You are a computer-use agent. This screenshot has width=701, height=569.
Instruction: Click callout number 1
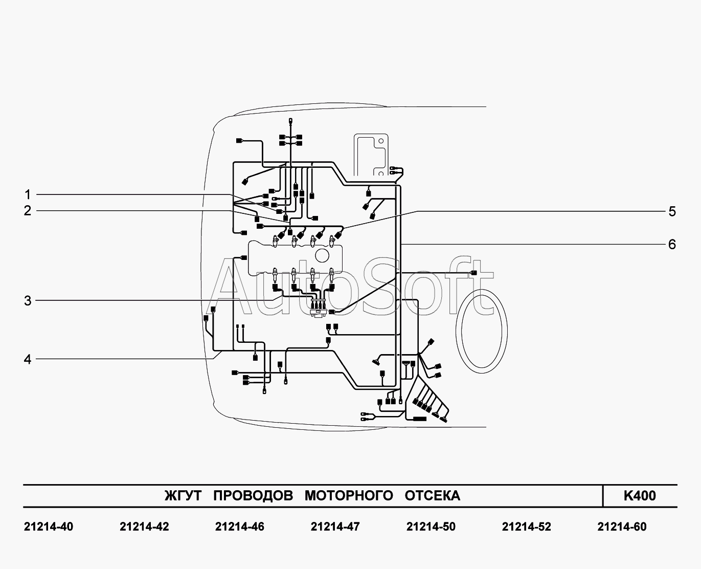pyautogui.click(x=28, y=194)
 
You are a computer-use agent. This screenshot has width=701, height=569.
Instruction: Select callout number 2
pyautogui.click(x=28, y=210)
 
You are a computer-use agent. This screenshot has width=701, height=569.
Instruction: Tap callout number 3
pyautogui.click(x=28, y=300)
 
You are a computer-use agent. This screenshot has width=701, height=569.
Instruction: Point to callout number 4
pyautogui.click(x=28, y=359)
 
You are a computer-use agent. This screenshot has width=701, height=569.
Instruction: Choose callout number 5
pyautogui.click(x=672, y=211)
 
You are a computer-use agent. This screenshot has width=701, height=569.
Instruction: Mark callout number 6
pyautogui.click(x=672, y=244)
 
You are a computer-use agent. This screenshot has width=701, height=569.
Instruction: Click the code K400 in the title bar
pyautogui.click(x=639, y=496)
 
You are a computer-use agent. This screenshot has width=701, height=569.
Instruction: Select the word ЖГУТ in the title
pyautogui.click(x=183, y=496)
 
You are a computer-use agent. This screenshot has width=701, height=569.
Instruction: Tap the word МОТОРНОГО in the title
pyautogui.click(x=349, y=496)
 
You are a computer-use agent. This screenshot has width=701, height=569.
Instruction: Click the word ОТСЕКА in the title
pyautogui.click(x=433, y=496)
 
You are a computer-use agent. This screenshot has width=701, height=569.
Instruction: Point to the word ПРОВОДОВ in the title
pyautogui.click(x=253, y=496)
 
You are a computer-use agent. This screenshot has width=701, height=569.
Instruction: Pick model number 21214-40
pyautogui.click(x=49, y=527)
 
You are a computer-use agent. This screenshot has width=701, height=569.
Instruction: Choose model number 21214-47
pyautogui.click(x=335, y=527)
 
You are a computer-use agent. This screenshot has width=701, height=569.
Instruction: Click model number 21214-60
pyautogui.click(x=622, y=527)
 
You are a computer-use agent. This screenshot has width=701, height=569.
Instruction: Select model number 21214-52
pyautogui.click(x=527, y=527)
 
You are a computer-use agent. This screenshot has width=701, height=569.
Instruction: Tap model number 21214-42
pyautogui.click(x=144, y=527)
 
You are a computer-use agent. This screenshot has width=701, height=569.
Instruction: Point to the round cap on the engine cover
pyautogui.click(x=323, y=254)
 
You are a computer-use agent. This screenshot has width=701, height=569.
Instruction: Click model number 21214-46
pyautogui.click(x=240, y=527)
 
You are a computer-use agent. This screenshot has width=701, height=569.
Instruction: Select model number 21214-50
pyautogui.click(x=431, y=527)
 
